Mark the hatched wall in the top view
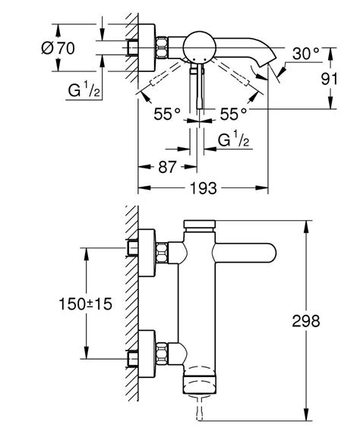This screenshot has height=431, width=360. click(x=131, y=53)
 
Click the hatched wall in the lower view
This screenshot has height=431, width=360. click(x=131, y=304)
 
